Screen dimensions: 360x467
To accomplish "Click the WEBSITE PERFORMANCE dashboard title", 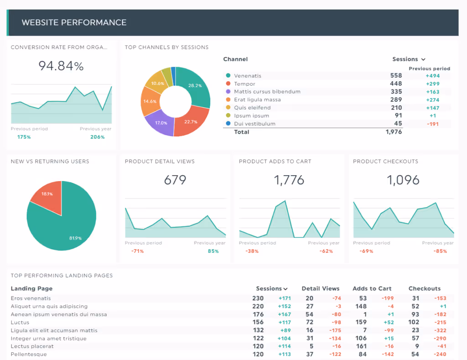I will coord(74,22).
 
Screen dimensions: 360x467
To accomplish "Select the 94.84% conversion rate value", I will coord(61,66).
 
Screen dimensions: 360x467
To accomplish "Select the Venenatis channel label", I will coord(248,76).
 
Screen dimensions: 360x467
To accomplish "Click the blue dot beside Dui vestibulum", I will coord(228,124).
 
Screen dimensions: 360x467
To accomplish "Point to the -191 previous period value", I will coord(432,124).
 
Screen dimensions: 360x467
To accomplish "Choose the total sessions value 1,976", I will coord(394,132).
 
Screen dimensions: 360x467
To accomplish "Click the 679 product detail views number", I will coord(175,180).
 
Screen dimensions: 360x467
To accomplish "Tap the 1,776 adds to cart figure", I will coord(289,180).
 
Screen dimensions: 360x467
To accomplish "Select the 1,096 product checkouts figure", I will coord(403,180).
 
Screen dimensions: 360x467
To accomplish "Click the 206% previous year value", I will coord(97,137).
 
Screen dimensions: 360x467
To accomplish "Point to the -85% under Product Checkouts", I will coord(440,251).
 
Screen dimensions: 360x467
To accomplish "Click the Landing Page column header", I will coord(31,288).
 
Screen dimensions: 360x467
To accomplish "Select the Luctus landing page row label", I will coord(20,323).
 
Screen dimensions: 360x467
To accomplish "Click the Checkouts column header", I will coord(425,288).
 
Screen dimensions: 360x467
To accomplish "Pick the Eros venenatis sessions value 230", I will coord(258,298).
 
